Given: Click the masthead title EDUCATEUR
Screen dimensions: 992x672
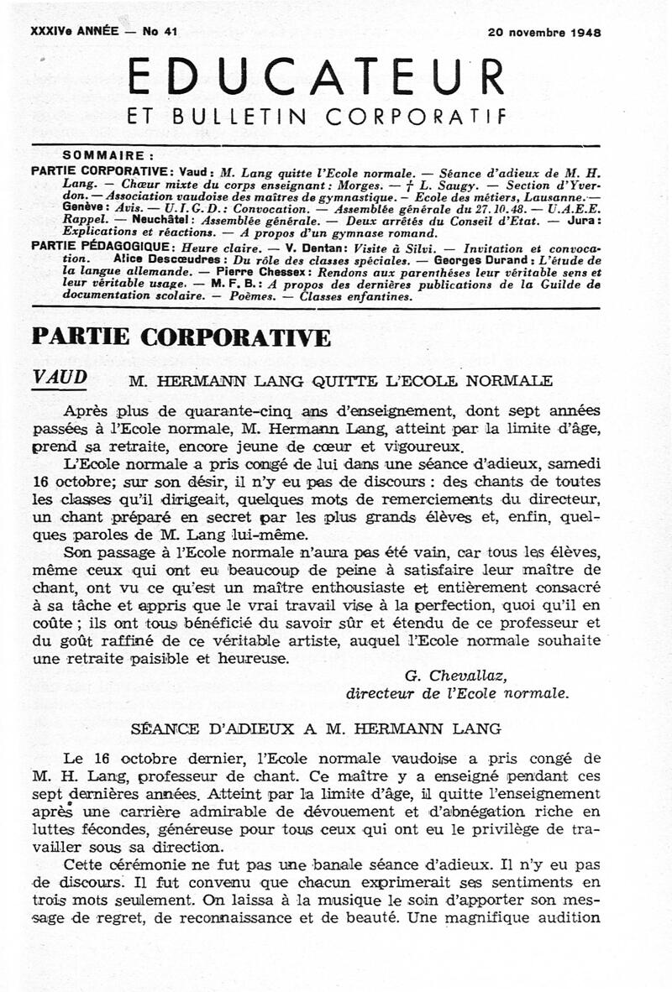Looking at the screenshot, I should [x=316, y=79].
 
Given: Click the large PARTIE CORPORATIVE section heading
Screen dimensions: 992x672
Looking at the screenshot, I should [x=181, y=337].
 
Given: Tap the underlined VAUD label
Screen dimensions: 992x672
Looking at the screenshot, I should [x=59, y=378].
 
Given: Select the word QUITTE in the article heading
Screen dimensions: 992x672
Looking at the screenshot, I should [x=340, y=381].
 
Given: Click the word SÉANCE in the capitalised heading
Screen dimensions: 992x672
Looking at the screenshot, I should [x=165, y=727].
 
